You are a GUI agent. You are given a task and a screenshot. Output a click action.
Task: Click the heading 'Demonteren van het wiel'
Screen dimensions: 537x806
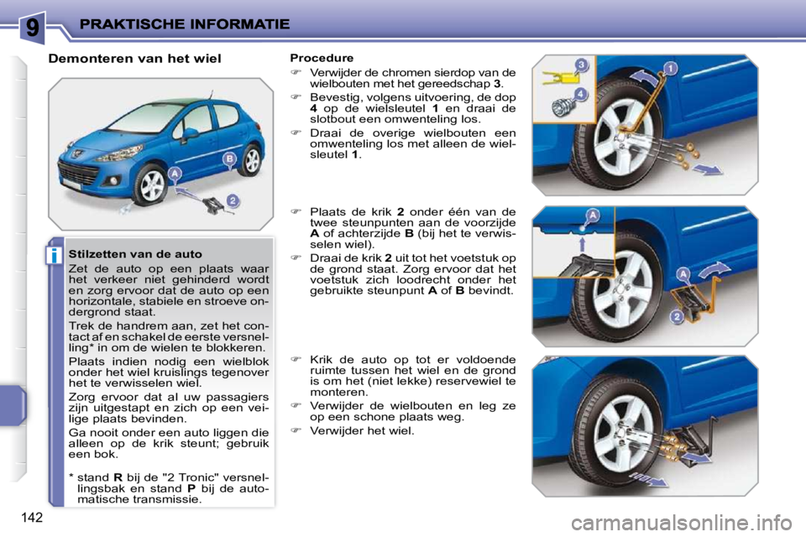[134, 59]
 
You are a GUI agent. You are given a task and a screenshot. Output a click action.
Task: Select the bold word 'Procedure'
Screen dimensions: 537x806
[322, 58]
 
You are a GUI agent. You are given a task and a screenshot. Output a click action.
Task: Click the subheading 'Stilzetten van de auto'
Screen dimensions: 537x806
[135, 253]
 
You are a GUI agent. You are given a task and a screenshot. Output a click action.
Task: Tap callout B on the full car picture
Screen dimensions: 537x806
[228, 158]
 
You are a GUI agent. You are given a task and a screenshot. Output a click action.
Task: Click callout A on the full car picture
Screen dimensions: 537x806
[175, 173]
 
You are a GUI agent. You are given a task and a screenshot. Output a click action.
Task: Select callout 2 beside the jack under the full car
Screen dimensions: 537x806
[233, 200]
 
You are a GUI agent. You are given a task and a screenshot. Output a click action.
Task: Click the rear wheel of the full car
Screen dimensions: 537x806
[249, 160]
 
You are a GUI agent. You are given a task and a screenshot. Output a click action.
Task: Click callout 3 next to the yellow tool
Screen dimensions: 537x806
[581, 65]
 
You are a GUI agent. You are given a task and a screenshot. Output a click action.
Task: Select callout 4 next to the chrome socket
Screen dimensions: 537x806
[580, 94]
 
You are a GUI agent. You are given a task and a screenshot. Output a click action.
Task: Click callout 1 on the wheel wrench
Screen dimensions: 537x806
[670, 68]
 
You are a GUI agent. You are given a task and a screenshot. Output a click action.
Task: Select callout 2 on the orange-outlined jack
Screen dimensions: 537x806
[675, 315]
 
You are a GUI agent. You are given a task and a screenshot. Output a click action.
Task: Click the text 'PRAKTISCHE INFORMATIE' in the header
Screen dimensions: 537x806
[185, 24]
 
